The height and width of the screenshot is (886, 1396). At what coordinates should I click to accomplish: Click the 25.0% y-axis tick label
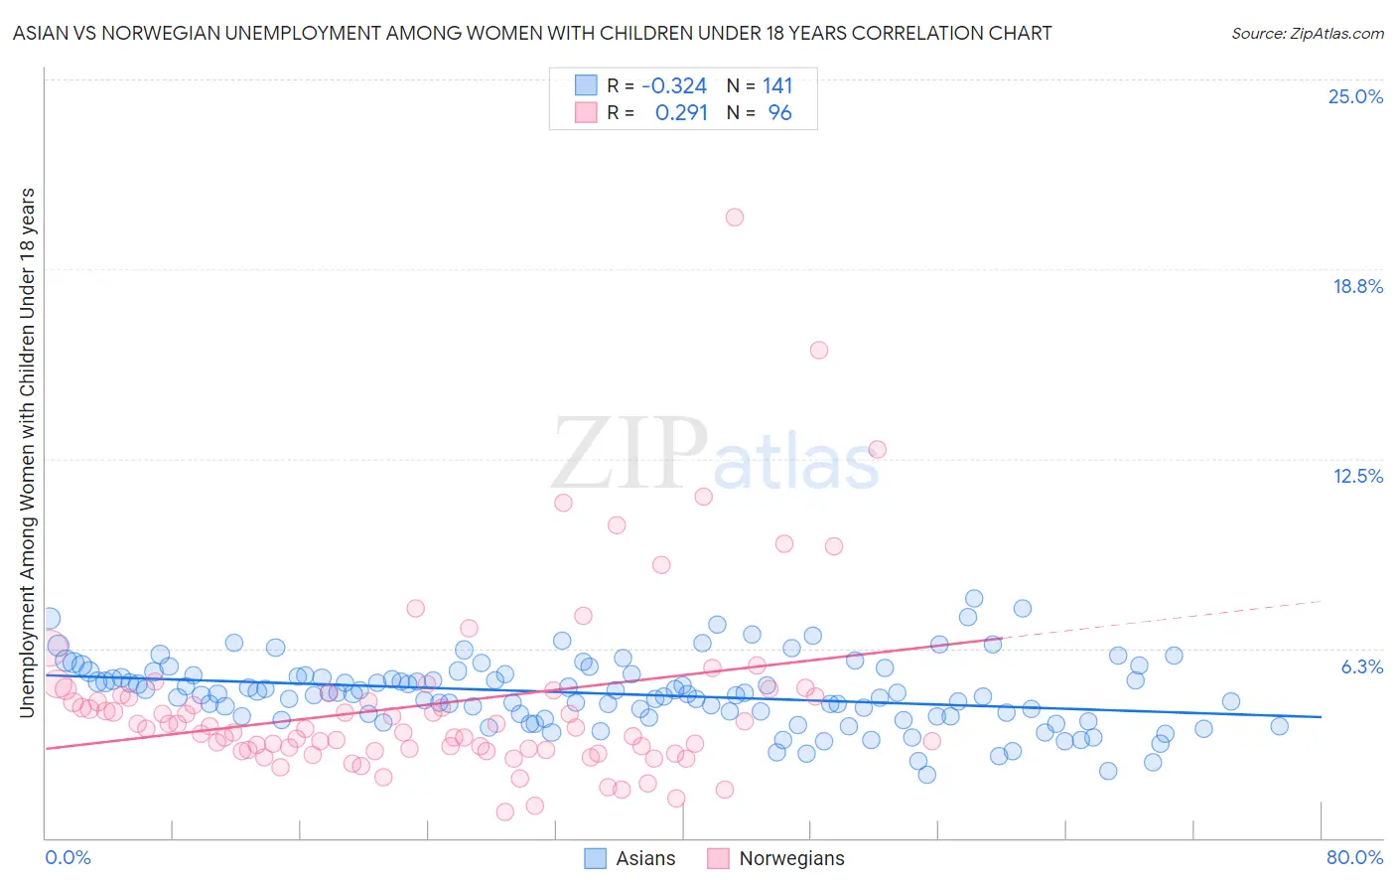pyautogui.click(x=1355, y=96)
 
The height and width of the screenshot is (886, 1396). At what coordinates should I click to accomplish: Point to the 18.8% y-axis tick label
pyautogui.click(x=1357, y=286)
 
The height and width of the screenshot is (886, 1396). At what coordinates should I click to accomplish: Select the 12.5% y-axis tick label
pyautogui.click(x=1357, y=476)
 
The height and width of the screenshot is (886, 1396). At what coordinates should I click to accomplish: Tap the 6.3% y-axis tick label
pyautogui.click(x=1361, y=666)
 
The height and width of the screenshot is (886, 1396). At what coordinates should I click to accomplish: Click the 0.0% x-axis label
pyautogui.click(x=68, y=857)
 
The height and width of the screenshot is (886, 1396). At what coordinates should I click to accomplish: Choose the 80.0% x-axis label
pyautogui.click(x=1354, y=857)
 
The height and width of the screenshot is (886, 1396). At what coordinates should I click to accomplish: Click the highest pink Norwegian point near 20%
pyautogui.click(x=735, y=218)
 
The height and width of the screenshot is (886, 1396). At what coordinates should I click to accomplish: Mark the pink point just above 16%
pyautogui.click(x=819, y=350)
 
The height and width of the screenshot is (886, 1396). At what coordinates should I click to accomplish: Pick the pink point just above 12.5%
pyautogui.click(x=877, y=449)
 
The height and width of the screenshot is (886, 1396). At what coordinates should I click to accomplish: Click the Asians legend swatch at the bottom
pyautogui.click(x=595, y=858)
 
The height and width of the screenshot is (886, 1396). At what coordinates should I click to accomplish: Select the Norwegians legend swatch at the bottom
pyautogui.click(x=718, y=858)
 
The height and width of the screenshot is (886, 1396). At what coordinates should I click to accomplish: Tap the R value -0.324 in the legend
pyautogui.click(x=674, y=86)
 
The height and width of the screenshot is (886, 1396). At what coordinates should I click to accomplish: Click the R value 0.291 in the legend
pyautogui.click(x=681, y=113)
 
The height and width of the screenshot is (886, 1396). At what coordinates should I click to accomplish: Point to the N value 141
pyautogui.click(x=777, y=86)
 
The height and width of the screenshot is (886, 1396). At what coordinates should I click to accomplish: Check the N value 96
pyautogui.click(x=779, y=113)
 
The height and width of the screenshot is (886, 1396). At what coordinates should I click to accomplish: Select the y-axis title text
pyautogui.click(x=27, y=452)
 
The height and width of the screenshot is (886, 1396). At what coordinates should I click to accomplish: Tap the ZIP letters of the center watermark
pyautogui.click(x=629, y=455)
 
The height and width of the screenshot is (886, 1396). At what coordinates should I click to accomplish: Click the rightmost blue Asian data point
pyautogui.click(x=1280, y=726)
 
